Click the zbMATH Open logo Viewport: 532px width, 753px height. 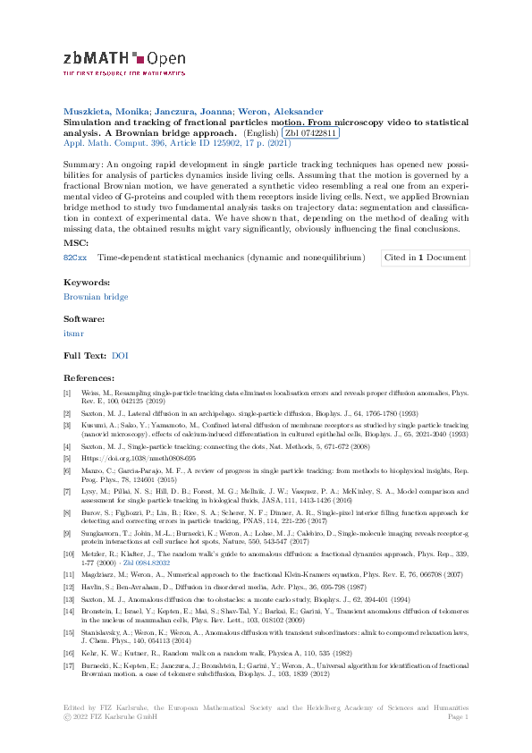124,62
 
